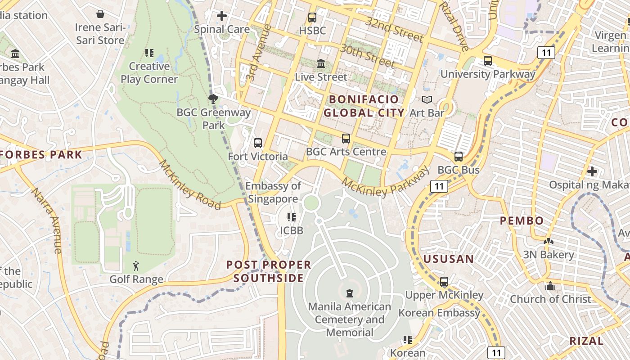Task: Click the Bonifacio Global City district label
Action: [x=364, y=106]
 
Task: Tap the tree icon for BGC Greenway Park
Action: [x=213, y=99]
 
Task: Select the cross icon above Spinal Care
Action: [x=222, y=16]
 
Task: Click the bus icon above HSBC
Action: [x=312, y=18]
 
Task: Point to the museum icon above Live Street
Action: [x=321, y=64]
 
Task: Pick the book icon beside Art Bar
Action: [x=427, y=100]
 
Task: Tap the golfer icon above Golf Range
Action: [x=136, y=266]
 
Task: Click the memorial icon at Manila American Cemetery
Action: [x=350, y=293]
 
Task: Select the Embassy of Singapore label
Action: [x=273, y=192]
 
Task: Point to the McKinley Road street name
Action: [x=189, y=185]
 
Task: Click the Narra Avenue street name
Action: [x=46, y=220]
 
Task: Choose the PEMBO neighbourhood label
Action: [x=522, y=220]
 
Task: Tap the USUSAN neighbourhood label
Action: [x=449, y=259]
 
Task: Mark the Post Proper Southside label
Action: [x=269, y=271]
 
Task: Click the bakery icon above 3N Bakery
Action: [x=548, y=242]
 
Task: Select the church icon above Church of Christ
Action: [x=550, y=286]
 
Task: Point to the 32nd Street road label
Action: [x=394, y=30]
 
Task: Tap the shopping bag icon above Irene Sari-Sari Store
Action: [x=100, y=14]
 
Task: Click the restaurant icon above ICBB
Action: [x=292, y=218]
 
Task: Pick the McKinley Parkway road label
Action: [x=385, y=182]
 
